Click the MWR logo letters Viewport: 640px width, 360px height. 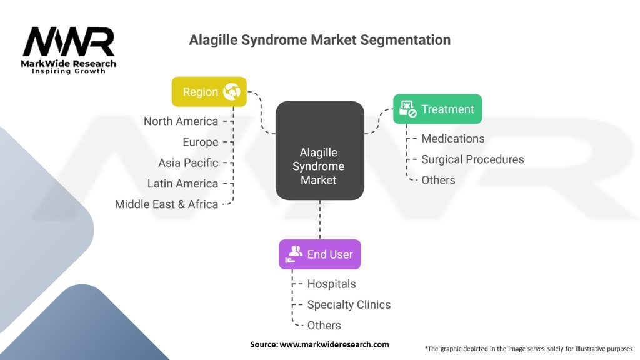point(69,42)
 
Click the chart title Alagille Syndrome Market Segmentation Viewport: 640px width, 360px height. point(319,40)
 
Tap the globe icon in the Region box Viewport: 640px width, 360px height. point(232,91)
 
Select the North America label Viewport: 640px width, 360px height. point(181,121)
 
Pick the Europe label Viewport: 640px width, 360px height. point(201,142)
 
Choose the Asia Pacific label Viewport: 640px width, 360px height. point(188,163)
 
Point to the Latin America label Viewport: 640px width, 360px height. point(183,184)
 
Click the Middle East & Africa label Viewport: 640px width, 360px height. point(166,204)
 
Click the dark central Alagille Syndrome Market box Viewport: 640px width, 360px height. point(319,151)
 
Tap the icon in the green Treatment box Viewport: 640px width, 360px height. point(407,109)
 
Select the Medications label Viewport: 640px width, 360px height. point(453,139)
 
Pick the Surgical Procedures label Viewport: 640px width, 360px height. point(472,159)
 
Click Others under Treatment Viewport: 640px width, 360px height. point(438,180)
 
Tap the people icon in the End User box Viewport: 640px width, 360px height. point(294,254)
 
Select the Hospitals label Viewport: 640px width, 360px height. point(331,284)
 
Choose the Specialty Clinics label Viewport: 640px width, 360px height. point(349,305)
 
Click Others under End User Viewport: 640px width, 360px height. point(324,325)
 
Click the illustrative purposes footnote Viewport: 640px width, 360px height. point(529,349)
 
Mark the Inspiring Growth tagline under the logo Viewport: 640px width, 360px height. point(69,71)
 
